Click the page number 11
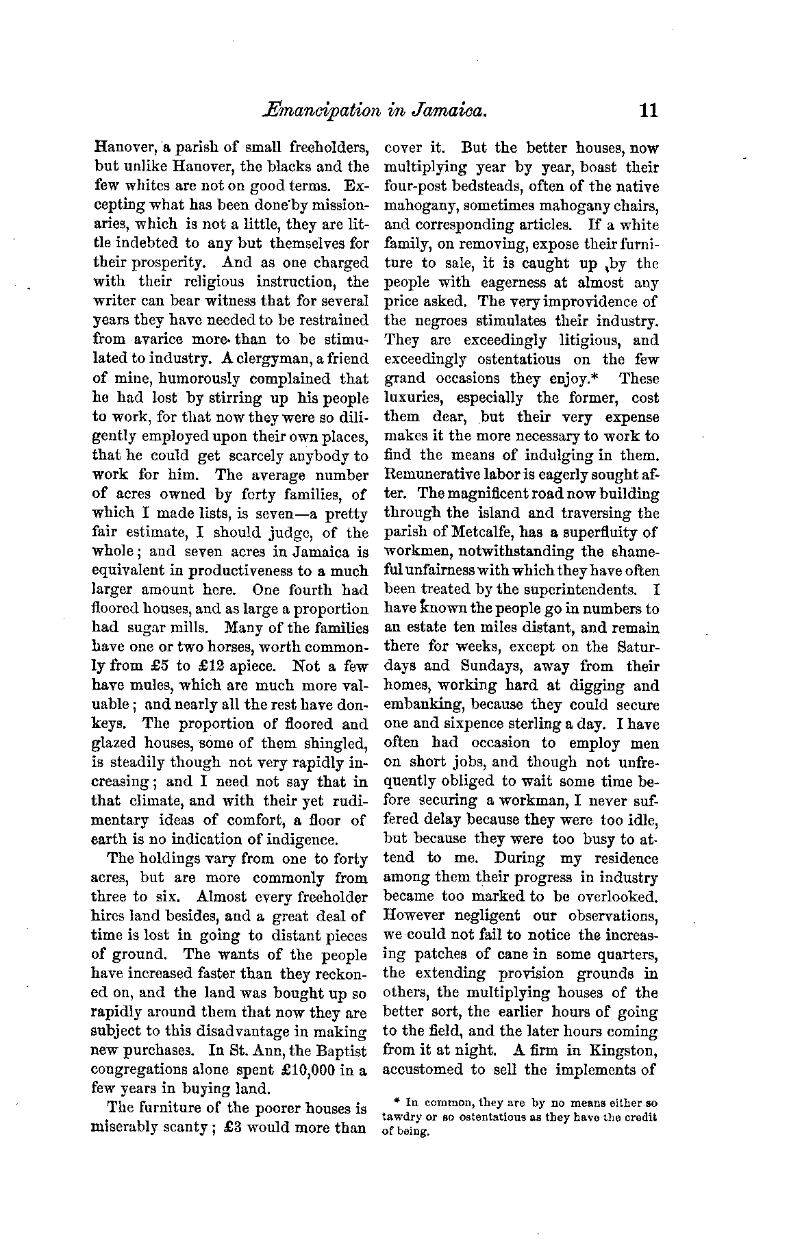(646, 110)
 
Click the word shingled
(334, 743)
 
